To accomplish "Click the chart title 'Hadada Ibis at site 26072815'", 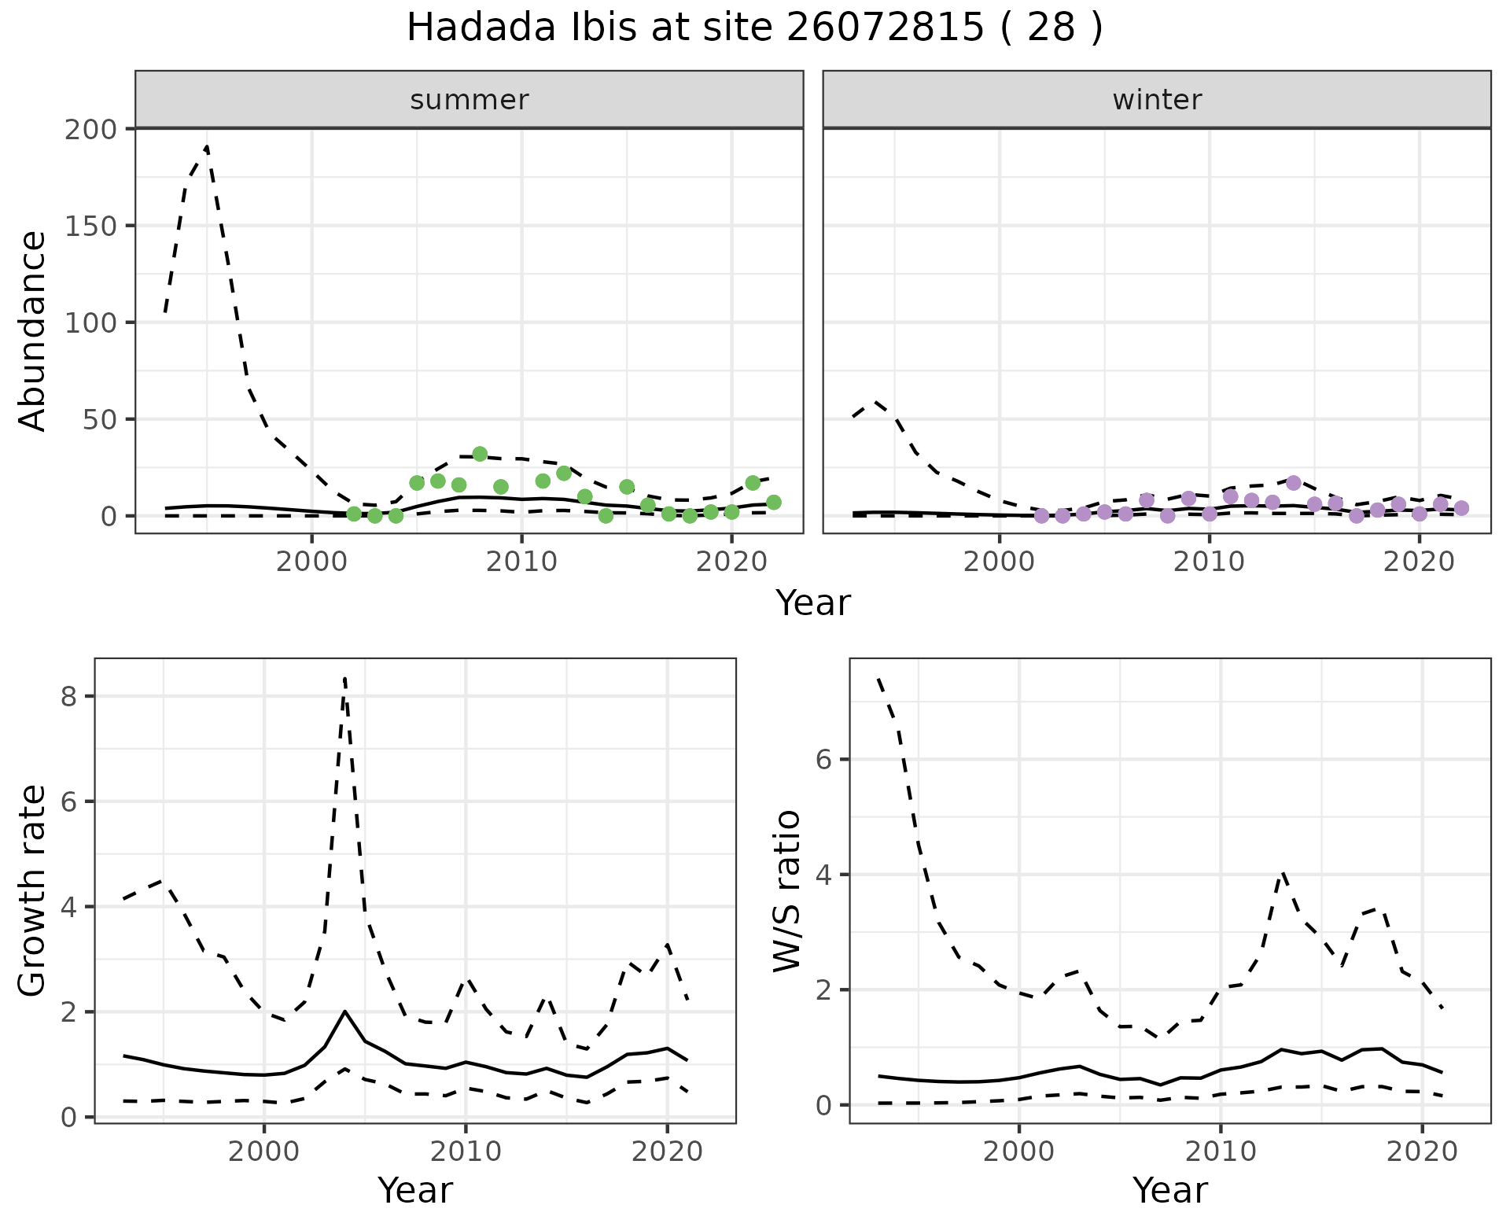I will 753,29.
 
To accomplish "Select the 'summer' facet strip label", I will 469,100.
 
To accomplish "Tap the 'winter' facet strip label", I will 1156,100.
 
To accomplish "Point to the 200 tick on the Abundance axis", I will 90,129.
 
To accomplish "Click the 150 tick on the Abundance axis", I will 90,226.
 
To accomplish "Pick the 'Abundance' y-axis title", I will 33,330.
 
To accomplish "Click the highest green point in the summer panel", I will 480,454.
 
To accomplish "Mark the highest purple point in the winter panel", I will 1294,482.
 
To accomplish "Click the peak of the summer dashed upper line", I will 206,146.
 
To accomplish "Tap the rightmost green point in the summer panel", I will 773,502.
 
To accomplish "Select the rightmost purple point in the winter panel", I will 1461,508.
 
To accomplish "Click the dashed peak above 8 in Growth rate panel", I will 344,678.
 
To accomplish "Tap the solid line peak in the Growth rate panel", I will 344,1011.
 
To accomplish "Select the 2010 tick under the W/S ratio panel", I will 1220,1152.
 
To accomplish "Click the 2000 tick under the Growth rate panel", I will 263,1152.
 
